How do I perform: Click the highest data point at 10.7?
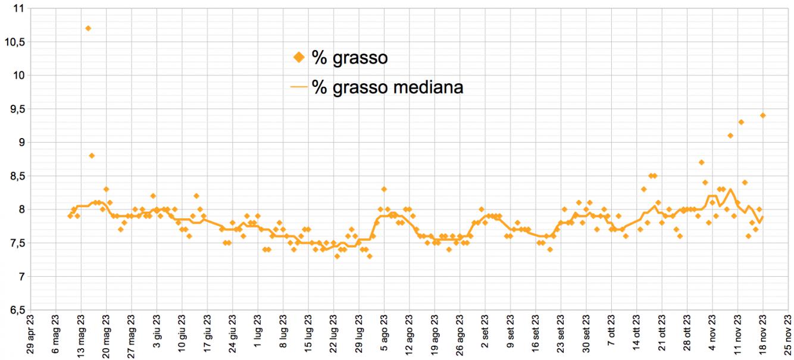click(x=88, y=29)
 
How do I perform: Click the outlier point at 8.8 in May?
click(x=92, y=156)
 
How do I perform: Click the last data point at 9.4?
click(x=763, y=115)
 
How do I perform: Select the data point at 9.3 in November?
click(x=741, y=122)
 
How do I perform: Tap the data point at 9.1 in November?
click(x=730, y=136)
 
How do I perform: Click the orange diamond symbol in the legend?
click(x=299, y=58)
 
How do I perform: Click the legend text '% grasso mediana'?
click(x=387, y=87)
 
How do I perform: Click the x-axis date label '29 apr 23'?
click(x=30, y=336)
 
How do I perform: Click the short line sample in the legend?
click(x=299, y=87)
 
